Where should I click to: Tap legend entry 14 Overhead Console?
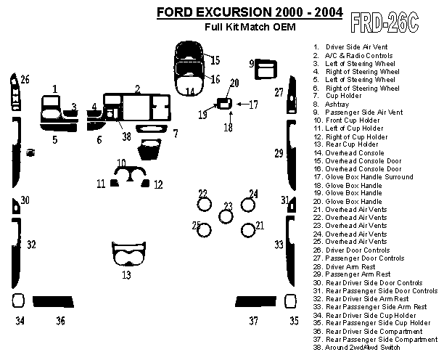[355, 153]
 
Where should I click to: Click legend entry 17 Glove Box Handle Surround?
[369, 177]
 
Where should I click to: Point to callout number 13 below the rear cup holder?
[126, 275]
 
